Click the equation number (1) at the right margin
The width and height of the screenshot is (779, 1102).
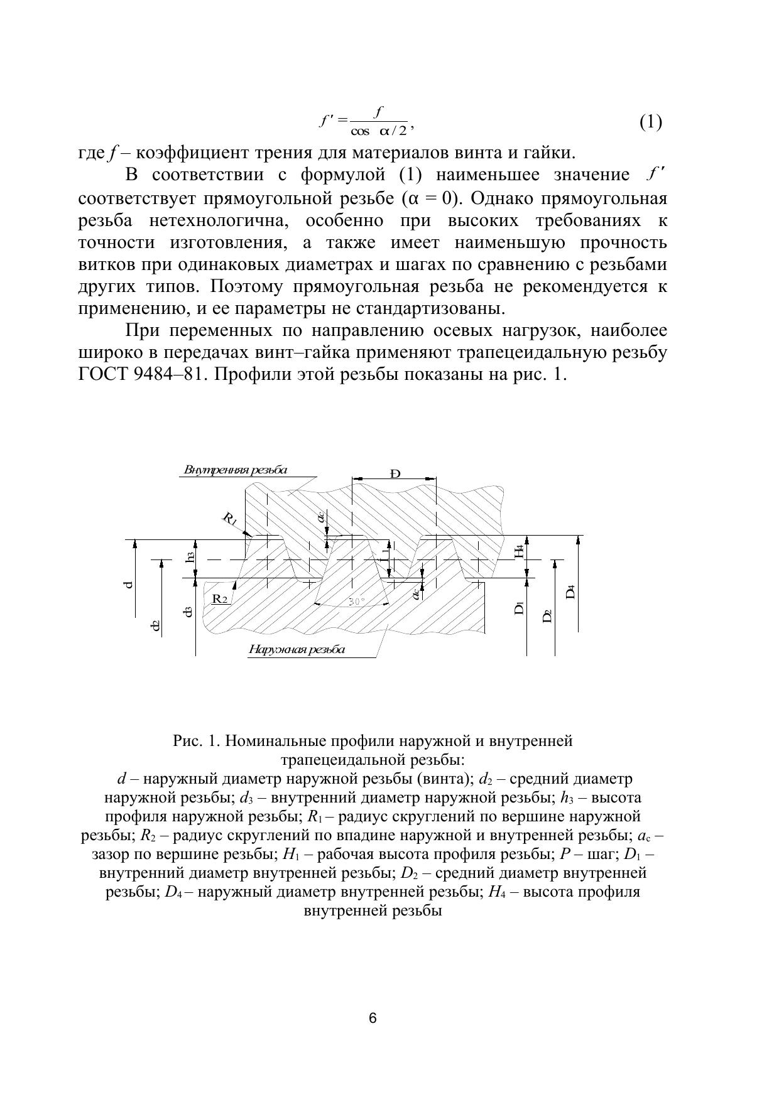click(x=651, y=122)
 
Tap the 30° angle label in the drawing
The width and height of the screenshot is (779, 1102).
click(x=356, y=601)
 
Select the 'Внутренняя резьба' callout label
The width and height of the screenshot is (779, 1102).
click(x=236, y=470)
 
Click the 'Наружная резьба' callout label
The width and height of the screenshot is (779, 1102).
click(x=297, y=649)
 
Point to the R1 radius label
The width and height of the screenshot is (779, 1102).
click(x=230, y=519)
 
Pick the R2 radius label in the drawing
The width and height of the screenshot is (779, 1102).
click(x=220, y=598)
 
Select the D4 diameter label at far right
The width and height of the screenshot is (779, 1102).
click(x=570, y=592)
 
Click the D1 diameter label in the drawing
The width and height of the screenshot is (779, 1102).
click(x=519, y=608)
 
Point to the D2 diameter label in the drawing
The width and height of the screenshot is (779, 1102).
click(x=547, y=616)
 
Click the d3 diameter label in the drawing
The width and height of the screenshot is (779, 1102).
click(x=187, y=611)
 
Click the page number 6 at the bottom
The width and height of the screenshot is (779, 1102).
click(x=373, y=1018)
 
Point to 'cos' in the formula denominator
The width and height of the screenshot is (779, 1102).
click(x=361, y=131)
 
